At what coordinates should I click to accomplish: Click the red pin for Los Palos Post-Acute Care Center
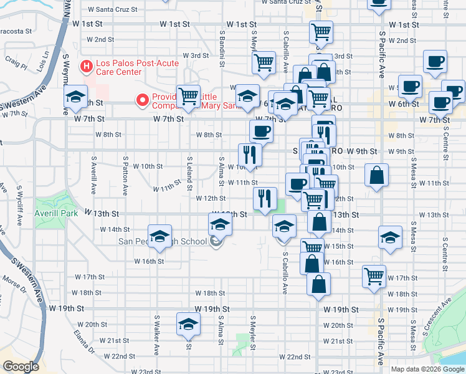click(86, 65)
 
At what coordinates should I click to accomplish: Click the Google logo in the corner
click(21, 367)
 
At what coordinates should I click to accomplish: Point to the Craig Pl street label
click(16, 63)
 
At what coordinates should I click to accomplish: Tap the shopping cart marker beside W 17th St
click(374, 275)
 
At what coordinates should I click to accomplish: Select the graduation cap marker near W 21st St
click(188, 325)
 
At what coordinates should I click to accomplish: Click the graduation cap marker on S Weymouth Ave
click(75, 97)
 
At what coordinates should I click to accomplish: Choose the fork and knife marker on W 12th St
click(265, 198)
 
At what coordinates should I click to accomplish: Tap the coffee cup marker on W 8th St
click(260, 131)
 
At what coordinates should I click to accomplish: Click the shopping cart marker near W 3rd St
click(264, 62)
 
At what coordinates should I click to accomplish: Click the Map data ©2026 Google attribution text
click(427, 369)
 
